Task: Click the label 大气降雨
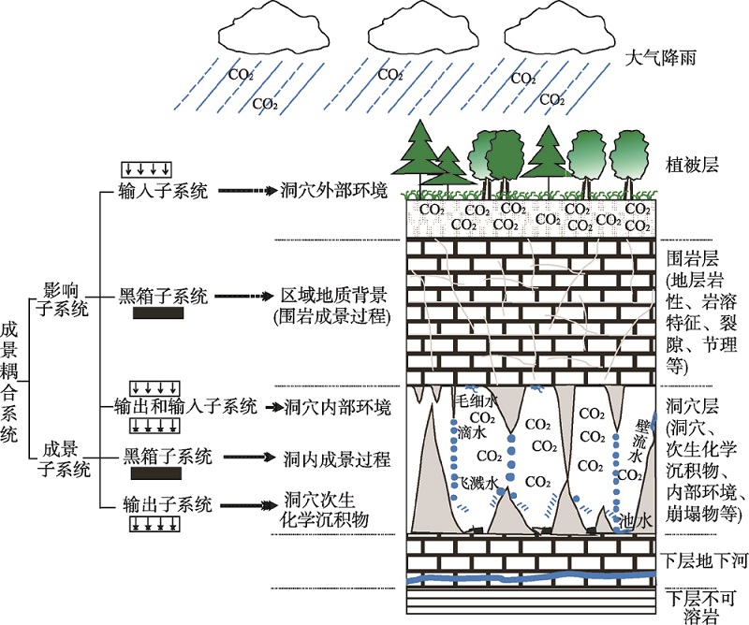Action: click(662, 59)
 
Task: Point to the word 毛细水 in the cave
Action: click(474, 400)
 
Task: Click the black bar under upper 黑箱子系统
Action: click(158, 315)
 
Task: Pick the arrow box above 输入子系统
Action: click(148, 169)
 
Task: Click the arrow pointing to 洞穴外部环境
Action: click(245, 191)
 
